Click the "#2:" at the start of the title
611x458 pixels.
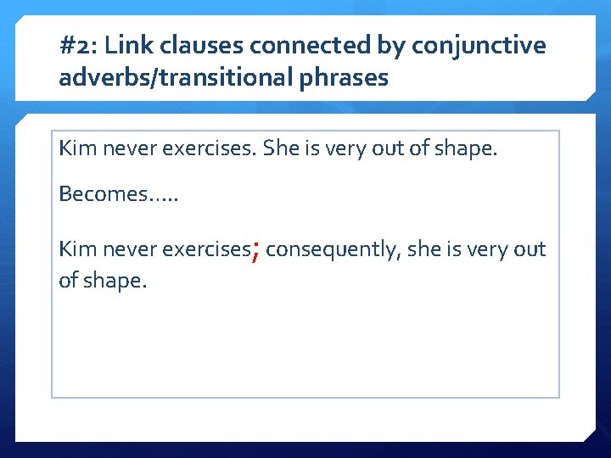pyautogui.click(x=79, y=45)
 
